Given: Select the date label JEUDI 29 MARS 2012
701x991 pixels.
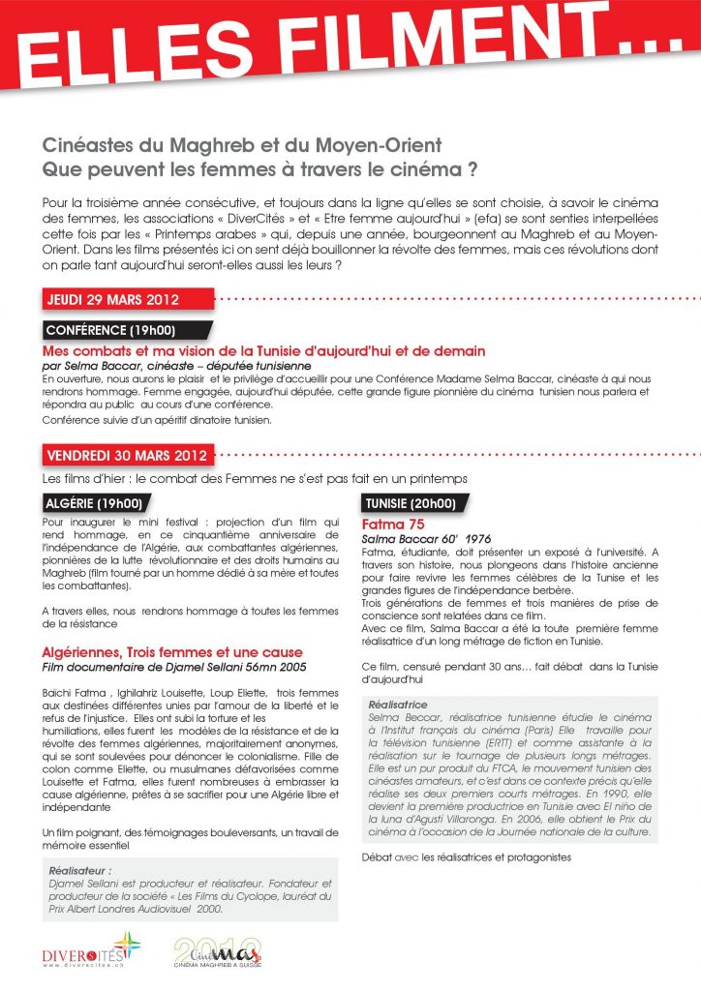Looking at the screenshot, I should pyautogui.click(x=112, y=299).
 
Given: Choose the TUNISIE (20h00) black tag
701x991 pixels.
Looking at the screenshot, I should pyautogui.click(x=411, y=503).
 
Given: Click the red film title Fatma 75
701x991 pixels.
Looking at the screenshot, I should pyautogui.click(x=389, y=524).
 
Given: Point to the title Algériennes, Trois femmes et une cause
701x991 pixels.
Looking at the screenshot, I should pyautogui.click(x=173, y=652).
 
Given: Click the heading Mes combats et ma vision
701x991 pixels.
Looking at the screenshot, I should pyautogui.click(x=264, y=350).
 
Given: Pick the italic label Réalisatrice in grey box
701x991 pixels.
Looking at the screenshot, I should pyautogui.click(x=398, y=705).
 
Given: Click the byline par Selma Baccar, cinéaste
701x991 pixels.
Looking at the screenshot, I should pyautogui.click(x=176, y=367).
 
